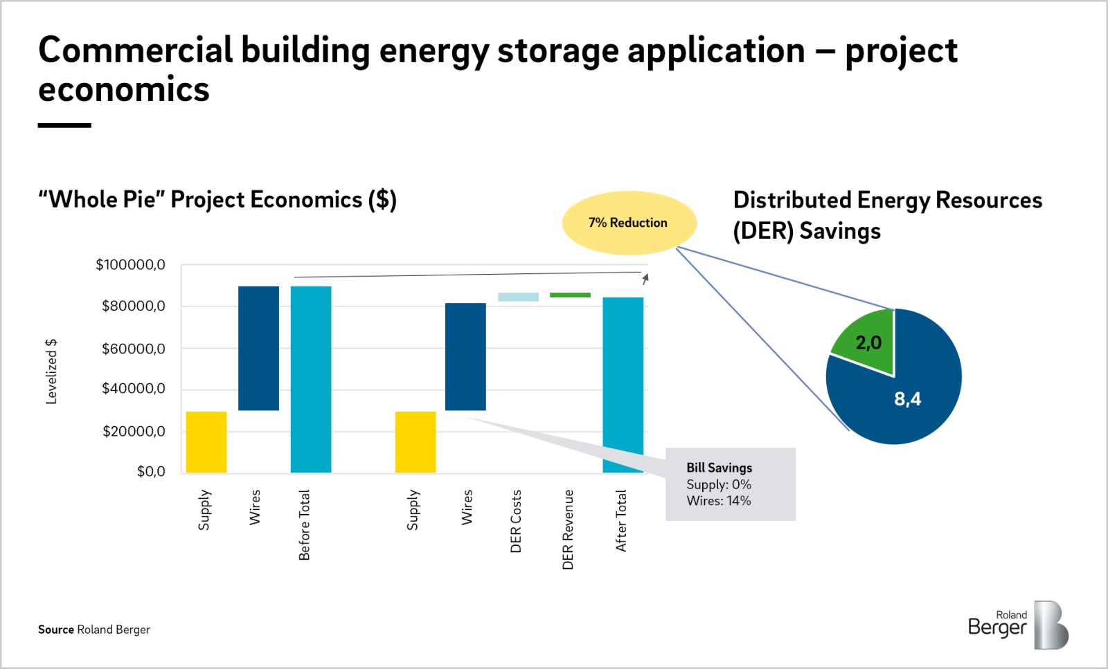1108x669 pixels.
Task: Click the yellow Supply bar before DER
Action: click(x=206, y=442)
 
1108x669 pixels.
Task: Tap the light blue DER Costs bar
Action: click(x=518, y=297)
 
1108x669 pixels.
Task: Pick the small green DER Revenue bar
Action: click(x=570, y=295)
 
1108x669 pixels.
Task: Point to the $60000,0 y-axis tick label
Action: click(x=133, y=349)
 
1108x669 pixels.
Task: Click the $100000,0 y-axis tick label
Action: click(x=130, y=264)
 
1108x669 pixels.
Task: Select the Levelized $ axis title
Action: click(x=51, y=372)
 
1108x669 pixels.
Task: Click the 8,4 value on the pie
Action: click(x=907, y=398)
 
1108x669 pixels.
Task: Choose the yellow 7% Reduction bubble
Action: click(x=628, y=223)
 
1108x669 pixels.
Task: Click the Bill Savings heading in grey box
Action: click(x=719, y=468)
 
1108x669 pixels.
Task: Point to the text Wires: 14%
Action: click(x=718, y=501)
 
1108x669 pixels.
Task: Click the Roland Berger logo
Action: click(x=1018, y=625)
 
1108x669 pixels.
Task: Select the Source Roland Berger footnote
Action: click(x=94, y=630)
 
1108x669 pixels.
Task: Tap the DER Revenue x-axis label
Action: click(x=568, y=529)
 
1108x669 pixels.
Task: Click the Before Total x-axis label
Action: click(x=304, y=524)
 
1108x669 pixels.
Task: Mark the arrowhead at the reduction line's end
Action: click(x=645, y=278)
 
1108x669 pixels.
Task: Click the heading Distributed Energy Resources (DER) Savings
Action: click(x=886, y=215)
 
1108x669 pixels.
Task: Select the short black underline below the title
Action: click(x=64, y=125)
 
